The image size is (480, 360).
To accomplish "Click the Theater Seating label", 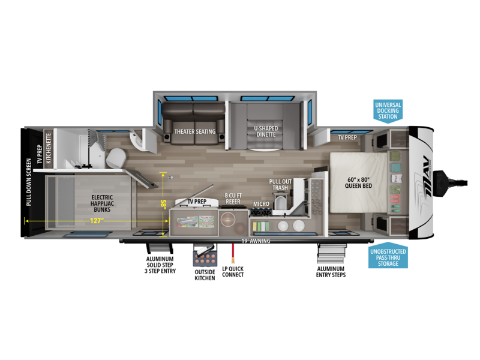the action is [x=195, y=131].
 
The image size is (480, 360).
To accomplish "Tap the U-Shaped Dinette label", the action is [x=266, y=131].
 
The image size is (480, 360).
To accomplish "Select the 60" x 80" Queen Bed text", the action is [x=358, y=183].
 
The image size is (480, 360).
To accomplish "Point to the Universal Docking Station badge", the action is [x=388, y=111].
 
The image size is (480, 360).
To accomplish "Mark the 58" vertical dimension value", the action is [x=163, y=203].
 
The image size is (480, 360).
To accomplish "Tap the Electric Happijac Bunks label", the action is [x=102, y=203].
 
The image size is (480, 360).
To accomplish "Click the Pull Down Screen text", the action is [x=29, y=182].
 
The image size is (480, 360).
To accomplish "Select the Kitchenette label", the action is [x=49, y=148].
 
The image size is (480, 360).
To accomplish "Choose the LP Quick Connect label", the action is [x=233, y=272].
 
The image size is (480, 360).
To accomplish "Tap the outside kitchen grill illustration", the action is [x=205, y=256].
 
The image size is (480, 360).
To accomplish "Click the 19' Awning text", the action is [x=256, y=241].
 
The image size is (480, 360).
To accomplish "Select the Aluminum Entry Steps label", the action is [x=331, y=272].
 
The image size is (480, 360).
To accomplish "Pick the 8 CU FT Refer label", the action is [x=233, y=199].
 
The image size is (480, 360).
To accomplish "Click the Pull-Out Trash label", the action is [x=280, y=185].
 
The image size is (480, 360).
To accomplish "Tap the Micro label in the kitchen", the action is [x=261, y=204].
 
